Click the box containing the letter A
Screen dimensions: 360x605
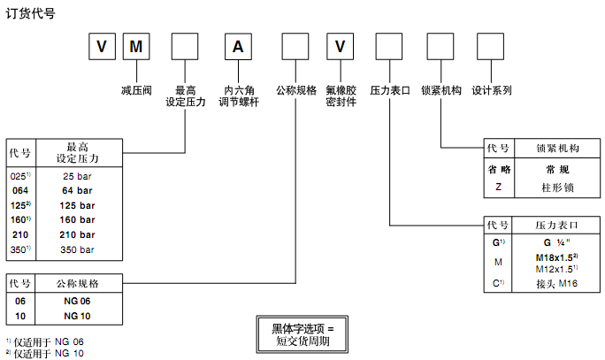coord(236,47)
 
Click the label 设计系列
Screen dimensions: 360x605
coord(492,89)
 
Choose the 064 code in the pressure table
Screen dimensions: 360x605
coord(19,190)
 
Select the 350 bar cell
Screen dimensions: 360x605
coord(77,250)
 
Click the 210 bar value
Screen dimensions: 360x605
coord(77,235)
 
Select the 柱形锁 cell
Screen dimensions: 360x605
coord(557,187)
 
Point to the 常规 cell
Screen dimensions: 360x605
coord(557,170)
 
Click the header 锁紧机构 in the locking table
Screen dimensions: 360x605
coord(557,149)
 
